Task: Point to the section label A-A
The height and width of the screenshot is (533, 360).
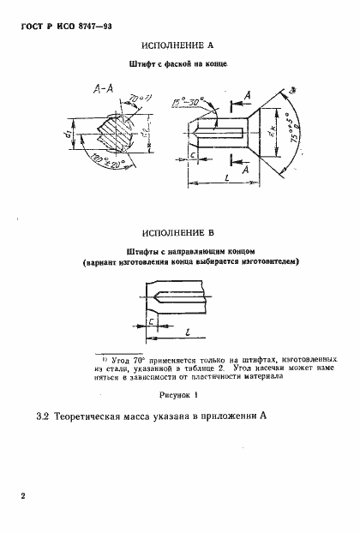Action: (x=98, y=90)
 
